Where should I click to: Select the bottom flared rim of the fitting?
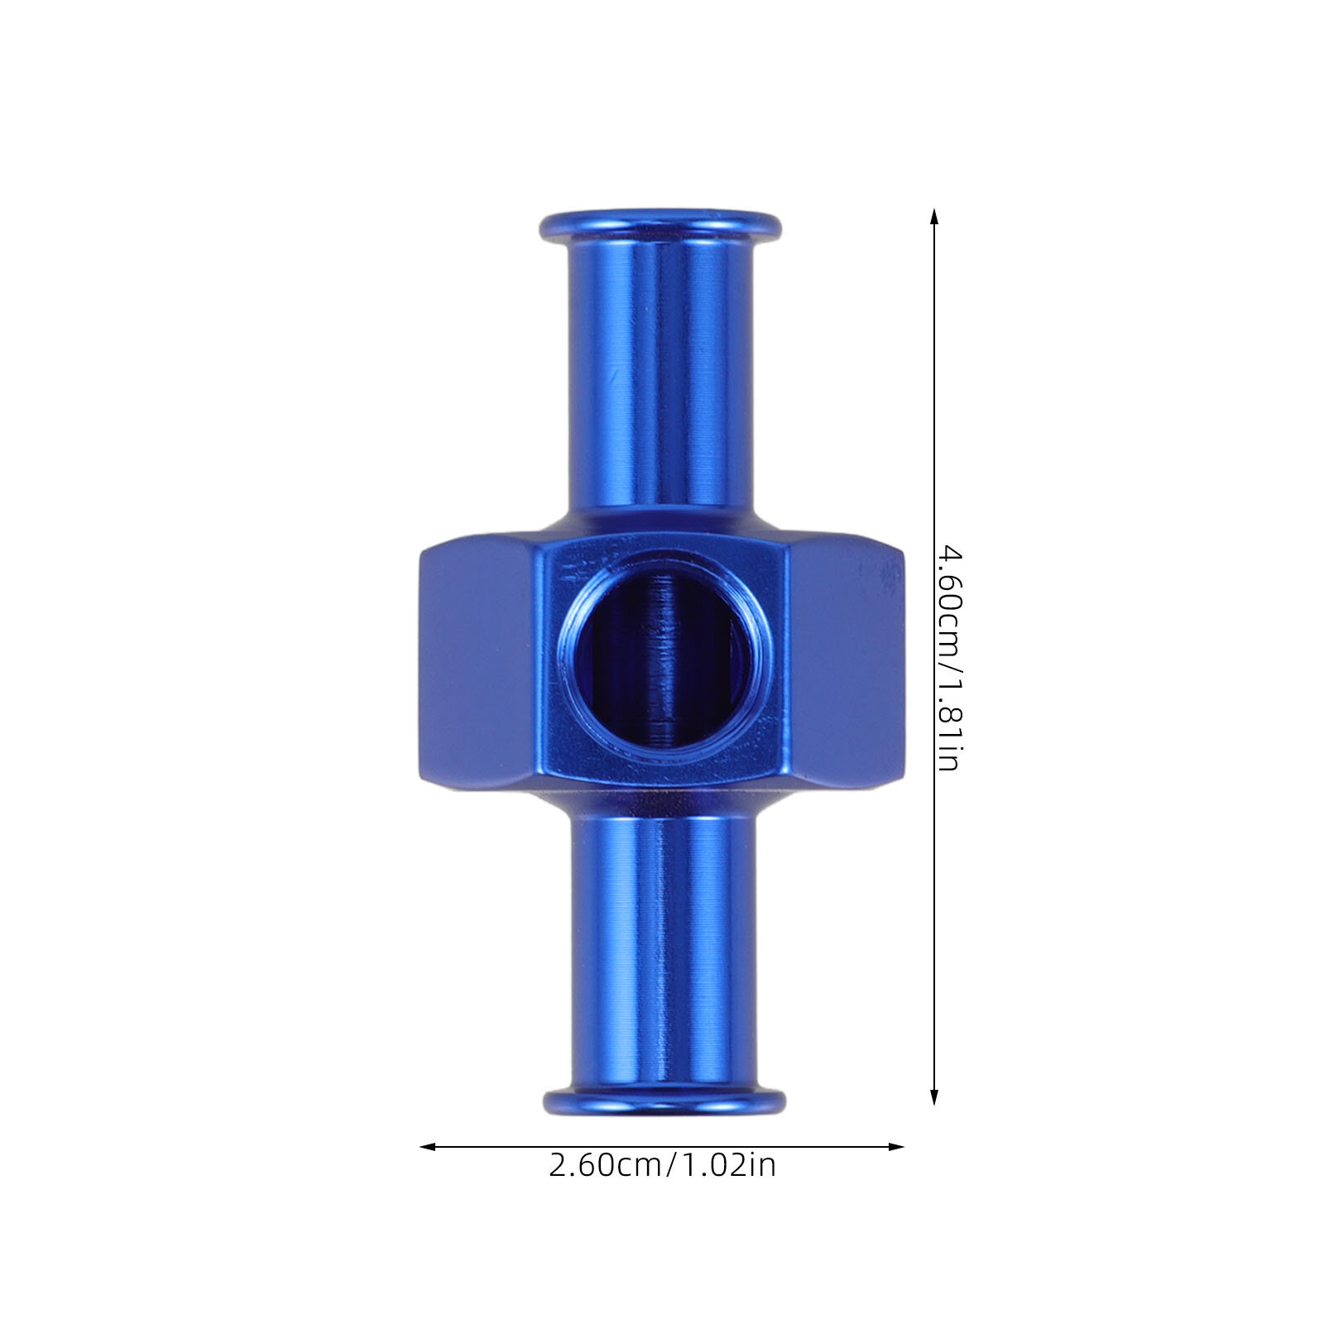tap(664, 1101)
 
